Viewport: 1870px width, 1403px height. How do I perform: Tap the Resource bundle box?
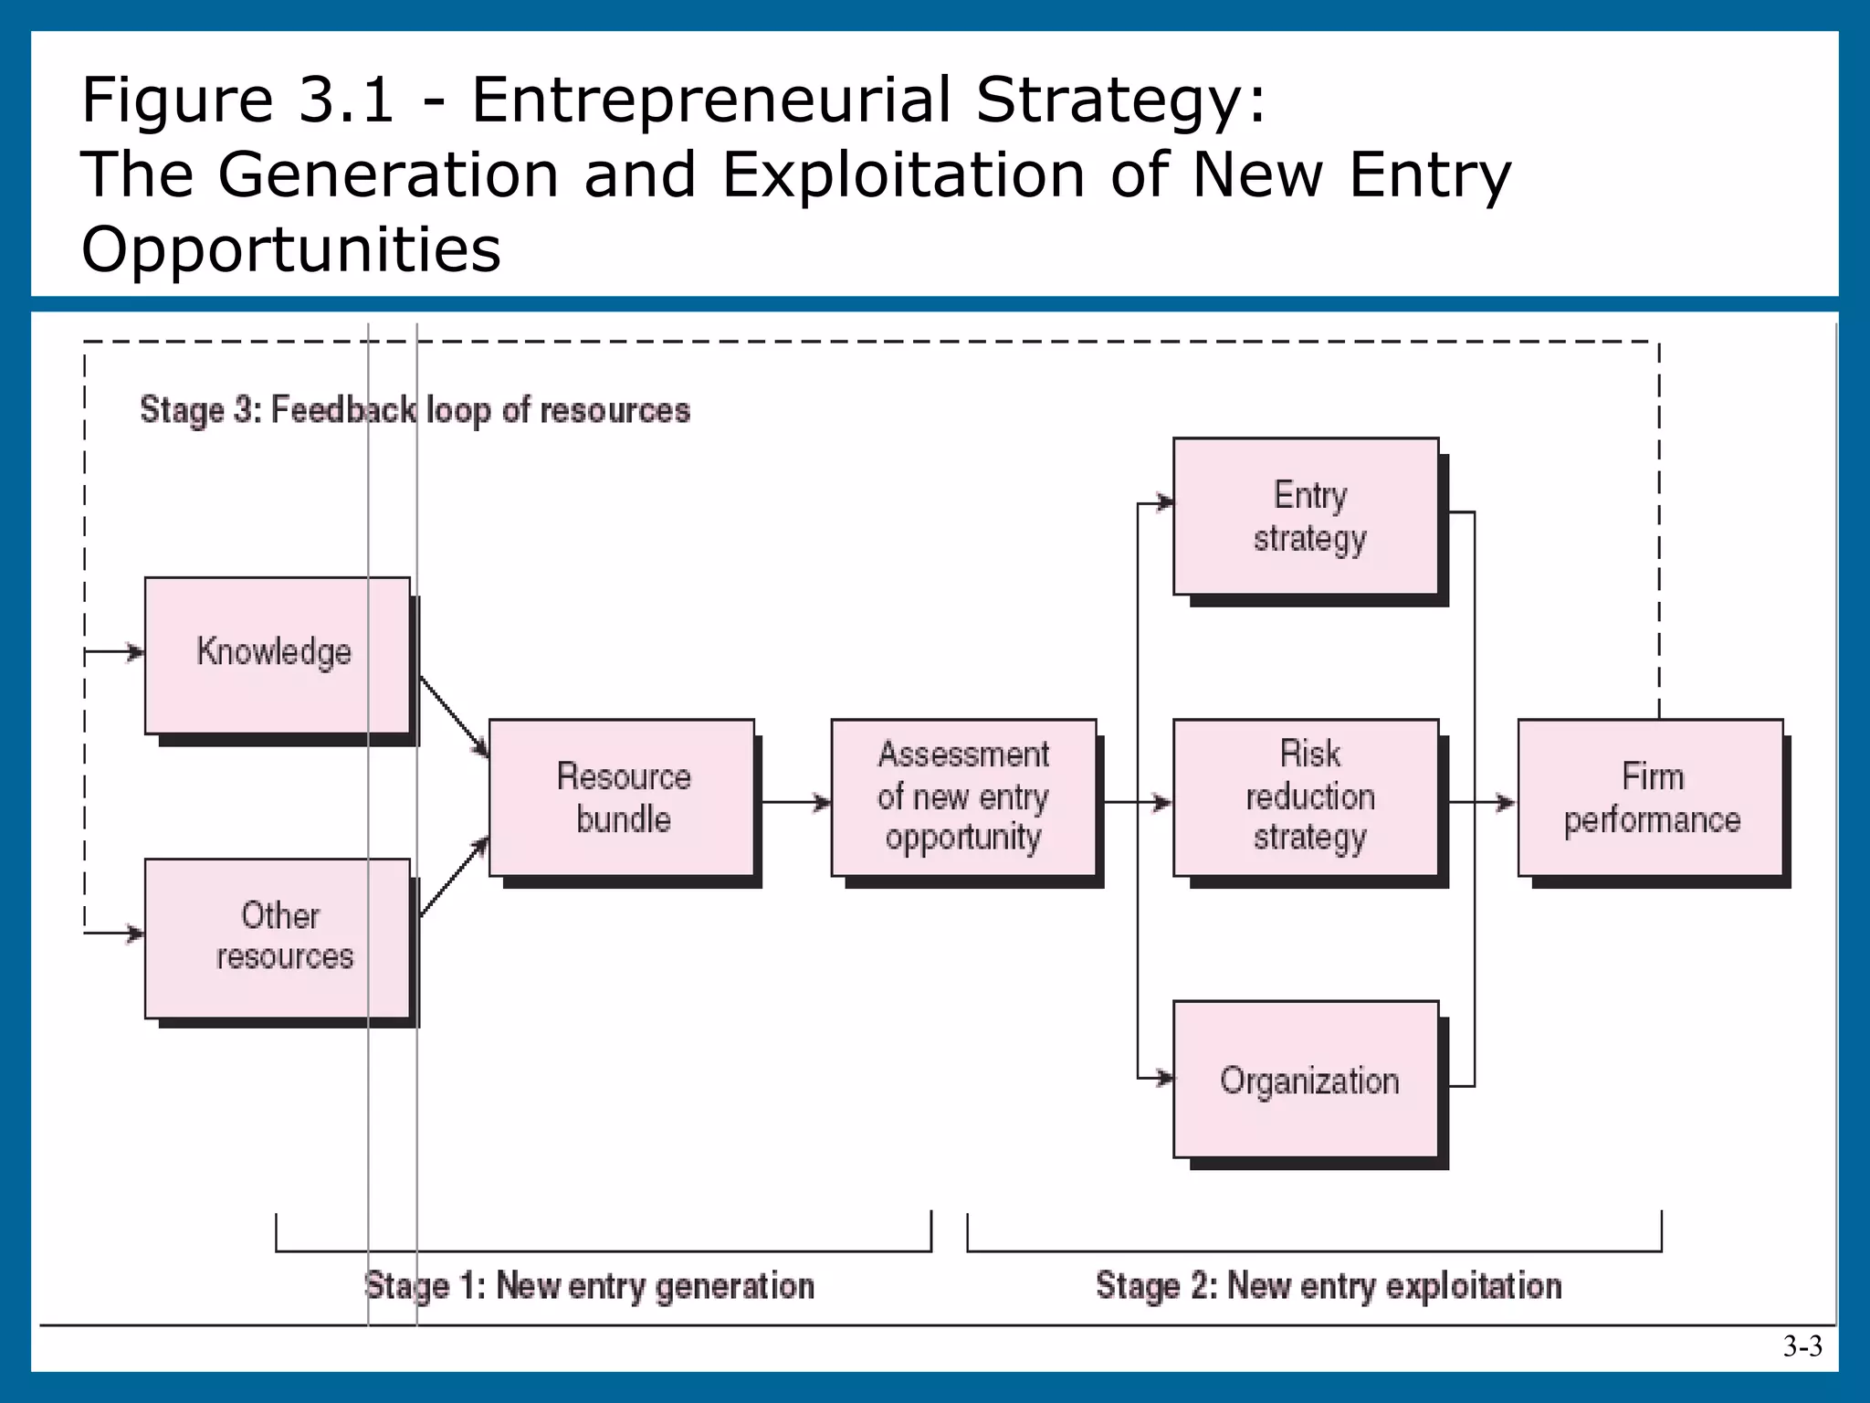[622, 797]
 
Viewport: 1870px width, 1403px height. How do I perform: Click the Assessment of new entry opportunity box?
[963, 797]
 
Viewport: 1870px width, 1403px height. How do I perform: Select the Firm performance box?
[1650, 797]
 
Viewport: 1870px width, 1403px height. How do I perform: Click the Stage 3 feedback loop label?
[415, 410]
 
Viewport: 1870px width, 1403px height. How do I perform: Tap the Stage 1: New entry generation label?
[589, 1286]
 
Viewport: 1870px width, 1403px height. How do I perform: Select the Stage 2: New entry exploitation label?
[1329, 1286]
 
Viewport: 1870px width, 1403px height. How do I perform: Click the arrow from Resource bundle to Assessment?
[794, 803]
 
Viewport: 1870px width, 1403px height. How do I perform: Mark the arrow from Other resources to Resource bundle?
[454, 877]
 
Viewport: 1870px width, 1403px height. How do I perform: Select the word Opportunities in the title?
[291, 249]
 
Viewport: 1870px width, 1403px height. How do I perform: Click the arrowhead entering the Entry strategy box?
[1164, 502]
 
